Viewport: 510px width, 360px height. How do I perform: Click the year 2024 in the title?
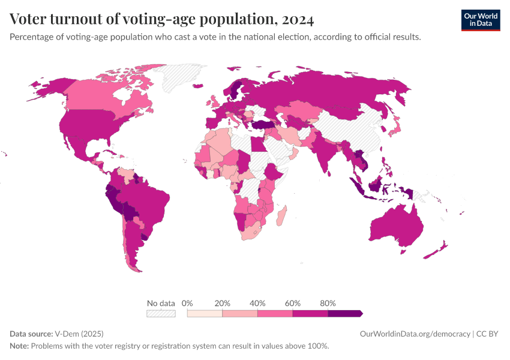pyautogui.click(x=296, y=19)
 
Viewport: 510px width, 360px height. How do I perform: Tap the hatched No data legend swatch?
pyautogui.click(x=161, y=313)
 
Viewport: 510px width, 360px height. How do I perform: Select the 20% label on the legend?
pyautogui.click(x=222, y=303)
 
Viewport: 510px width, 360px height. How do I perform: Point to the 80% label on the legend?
pyautogui.click(x=328, y=303)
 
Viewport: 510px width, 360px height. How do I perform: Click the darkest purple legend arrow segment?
pyautogui.click(x=345, y=313)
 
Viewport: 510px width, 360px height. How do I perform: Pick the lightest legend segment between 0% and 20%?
pyautogui.click(x=205, y=313)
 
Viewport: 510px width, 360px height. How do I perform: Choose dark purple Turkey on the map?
pyautogui.click(x=262, y=125)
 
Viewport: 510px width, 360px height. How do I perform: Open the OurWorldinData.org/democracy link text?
pyautogui.click(x=414, y=334)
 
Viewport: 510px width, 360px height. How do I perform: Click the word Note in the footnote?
pyautogui.click(x=19, y=346)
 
